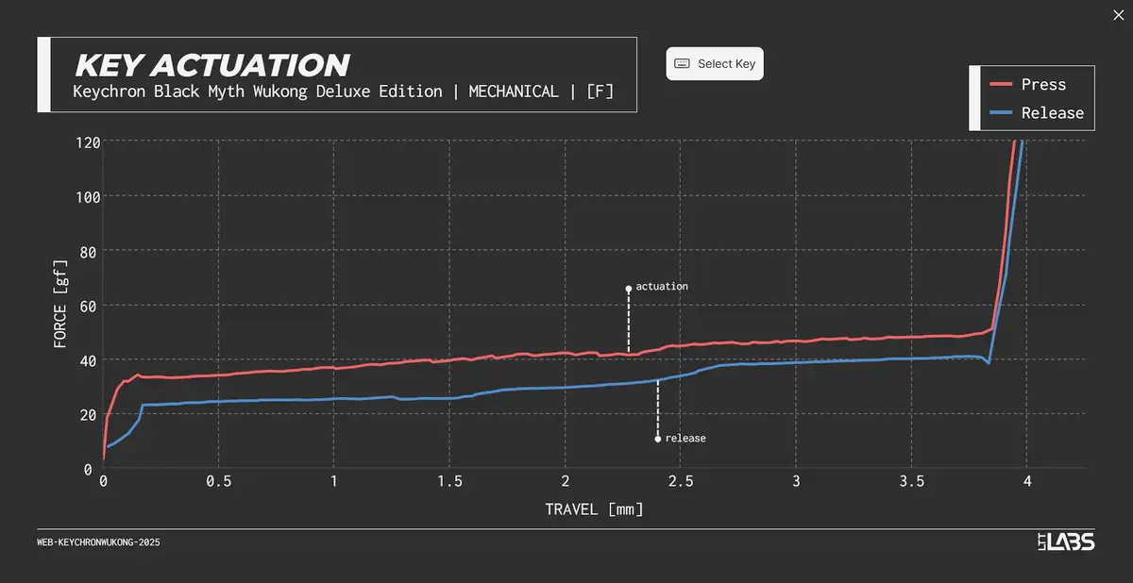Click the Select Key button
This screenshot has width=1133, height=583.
715,64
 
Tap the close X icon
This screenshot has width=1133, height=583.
1119,13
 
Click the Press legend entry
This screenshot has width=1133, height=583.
1042,85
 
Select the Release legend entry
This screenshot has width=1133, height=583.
1052,113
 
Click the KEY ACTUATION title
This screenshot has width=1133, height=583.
211,65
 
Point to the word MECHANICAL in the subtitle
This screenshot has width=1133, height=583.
514,92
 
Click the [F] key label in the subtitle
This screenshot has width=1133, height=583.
600,92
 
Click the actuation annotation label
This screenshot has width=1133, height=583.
662,286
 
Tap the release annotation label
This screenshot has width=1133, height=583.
685,439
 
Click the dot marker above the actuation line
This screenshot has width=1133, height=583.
628,289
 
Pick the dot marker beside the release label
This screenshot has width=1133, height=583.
658,439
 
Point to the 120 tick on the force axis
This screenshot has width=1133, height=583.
88,142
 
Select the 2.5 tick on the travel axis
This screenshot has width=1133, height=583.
681,481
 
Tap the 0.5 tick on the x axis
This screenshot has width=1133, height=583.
219,481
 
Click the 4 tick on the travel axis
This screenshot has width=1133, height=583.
1027,481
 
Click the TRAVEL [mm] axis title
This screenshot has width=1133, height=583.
594,509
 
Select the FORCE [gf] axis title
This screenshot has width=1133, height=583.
60,305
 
